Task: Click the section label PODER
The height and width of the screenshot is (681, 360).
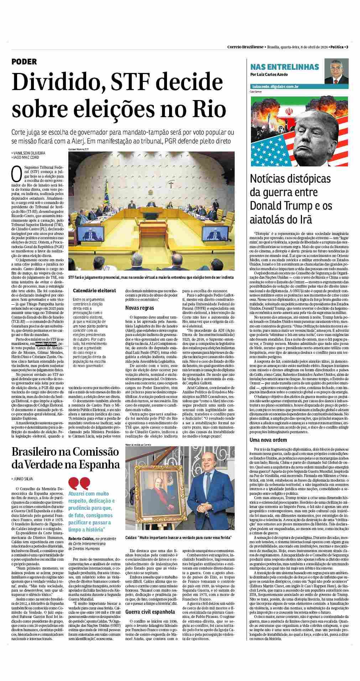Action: coord(24,62)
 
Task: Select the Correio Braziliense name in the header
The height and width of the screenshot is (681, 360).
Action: coord(245,47)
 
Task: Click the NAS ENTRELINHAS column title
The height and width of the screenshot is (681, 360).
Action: coord(285,67)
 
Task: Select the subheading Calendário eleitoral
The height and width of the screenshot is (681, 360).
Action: coord(94,290)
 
